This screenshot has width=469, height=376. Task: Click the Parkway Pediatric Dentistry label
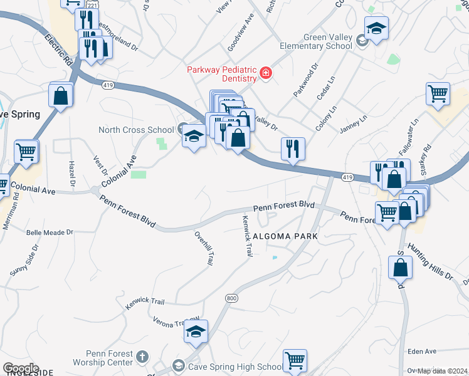point(222,74)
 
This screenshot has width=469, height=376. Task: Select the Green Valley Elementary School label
point(327,41)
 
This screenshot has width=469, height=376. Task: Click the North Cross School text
point(136,130)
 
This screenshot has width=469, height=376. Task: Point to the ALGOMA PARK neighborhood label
point(285,236)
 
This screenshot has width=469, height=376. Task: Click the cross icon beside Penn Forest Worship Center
point(142,357)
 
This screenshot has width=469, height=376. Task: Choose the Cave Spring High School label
point(236,367)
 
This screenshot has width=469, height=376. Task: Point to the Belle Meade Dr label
point(50,232)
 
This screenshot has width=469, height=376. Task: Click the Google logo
point(21,368)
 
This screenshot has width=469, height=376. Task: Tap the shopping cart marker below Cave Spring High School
point(295,360)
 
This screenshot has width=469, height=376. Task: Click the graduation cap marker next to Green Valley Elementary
point(376,28)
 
